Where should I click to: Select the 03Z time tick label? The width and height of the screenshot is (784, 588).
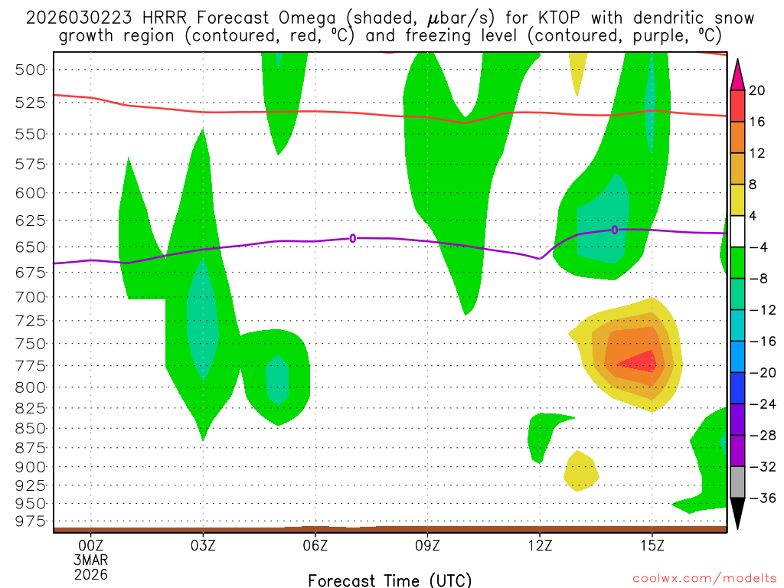point(203,545)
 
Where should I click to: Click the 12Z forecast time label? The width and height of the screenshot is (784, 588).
point(540,545)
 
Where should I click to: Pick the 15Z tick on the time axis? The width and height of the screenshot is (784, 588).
point(652,545)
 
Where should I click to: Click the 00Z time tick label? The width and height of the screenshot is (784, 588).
point(91,545)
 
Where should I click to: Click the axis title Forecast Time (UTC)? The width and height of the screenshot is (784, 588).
point(390,580)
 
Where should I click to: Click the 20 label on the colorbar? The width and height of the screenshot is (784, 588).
point(757,90)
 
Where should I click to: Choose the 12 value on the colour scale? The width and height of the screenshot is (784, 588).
point(757,153)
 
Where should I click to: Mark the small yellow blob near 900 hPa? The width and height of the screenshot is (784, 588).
point(580,471)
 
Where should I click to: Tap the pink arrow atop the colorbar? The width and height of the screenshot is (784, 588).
point(738,74)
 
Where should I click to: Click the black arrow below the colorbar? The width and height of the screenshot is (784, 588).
point(738,513)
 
